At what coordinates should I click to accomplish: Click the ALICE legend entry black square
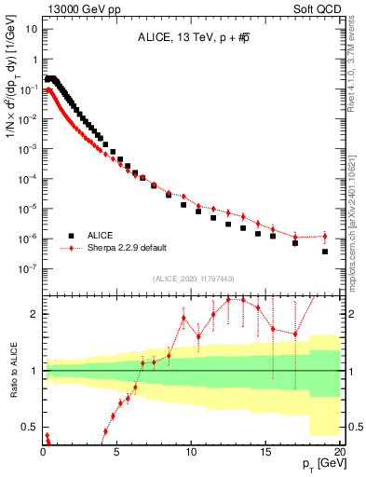coord(69,236)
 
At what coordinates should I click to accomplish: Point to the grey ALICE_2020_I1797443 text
coord(192,279)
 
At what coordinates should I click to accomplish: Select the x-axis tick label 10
coord(191,449)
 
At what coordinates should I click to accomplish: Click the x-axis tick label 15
coord(265,449)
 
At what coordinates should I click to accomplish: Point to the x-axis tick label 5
coord(117,449)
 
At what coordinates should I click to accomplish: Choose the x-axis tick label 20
coord(338,449)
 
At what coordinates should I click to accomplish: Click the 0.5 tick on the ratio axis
coord(30,428)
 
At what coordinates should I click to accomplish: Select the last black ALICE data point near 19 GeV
coord(325,252)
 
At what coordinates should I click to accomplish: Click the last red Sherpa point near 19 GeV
coord(325,236)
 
